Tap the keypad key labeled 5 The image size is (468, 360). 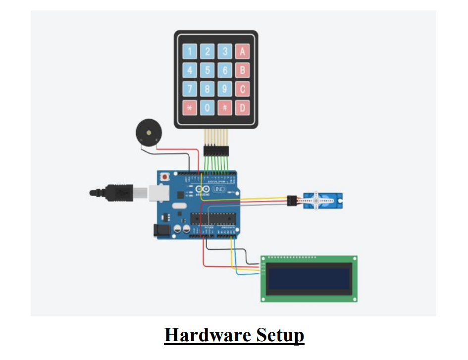click(207, 70)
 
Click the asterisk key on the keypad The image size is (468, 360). click(189, 107)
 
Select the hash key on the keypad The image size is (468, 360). click(225, 107)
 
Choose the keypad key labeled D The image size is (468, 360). click(242, 107)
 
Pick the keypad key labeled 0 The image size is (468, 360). click(207, 107)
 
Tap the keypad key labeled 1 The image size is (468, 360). click(189, 51)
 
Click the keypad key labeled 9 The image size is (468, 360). click(225, 89)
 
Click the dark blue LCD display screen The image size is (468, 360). click(309, 279)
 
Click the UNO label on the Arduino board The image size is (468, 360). click(218, 190)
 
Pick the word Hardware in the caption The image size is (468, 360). click(207, 335)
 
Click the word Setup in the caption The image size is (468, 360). click(280, 335)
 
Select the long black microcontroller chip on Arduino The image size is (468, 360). click(212, 217)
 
